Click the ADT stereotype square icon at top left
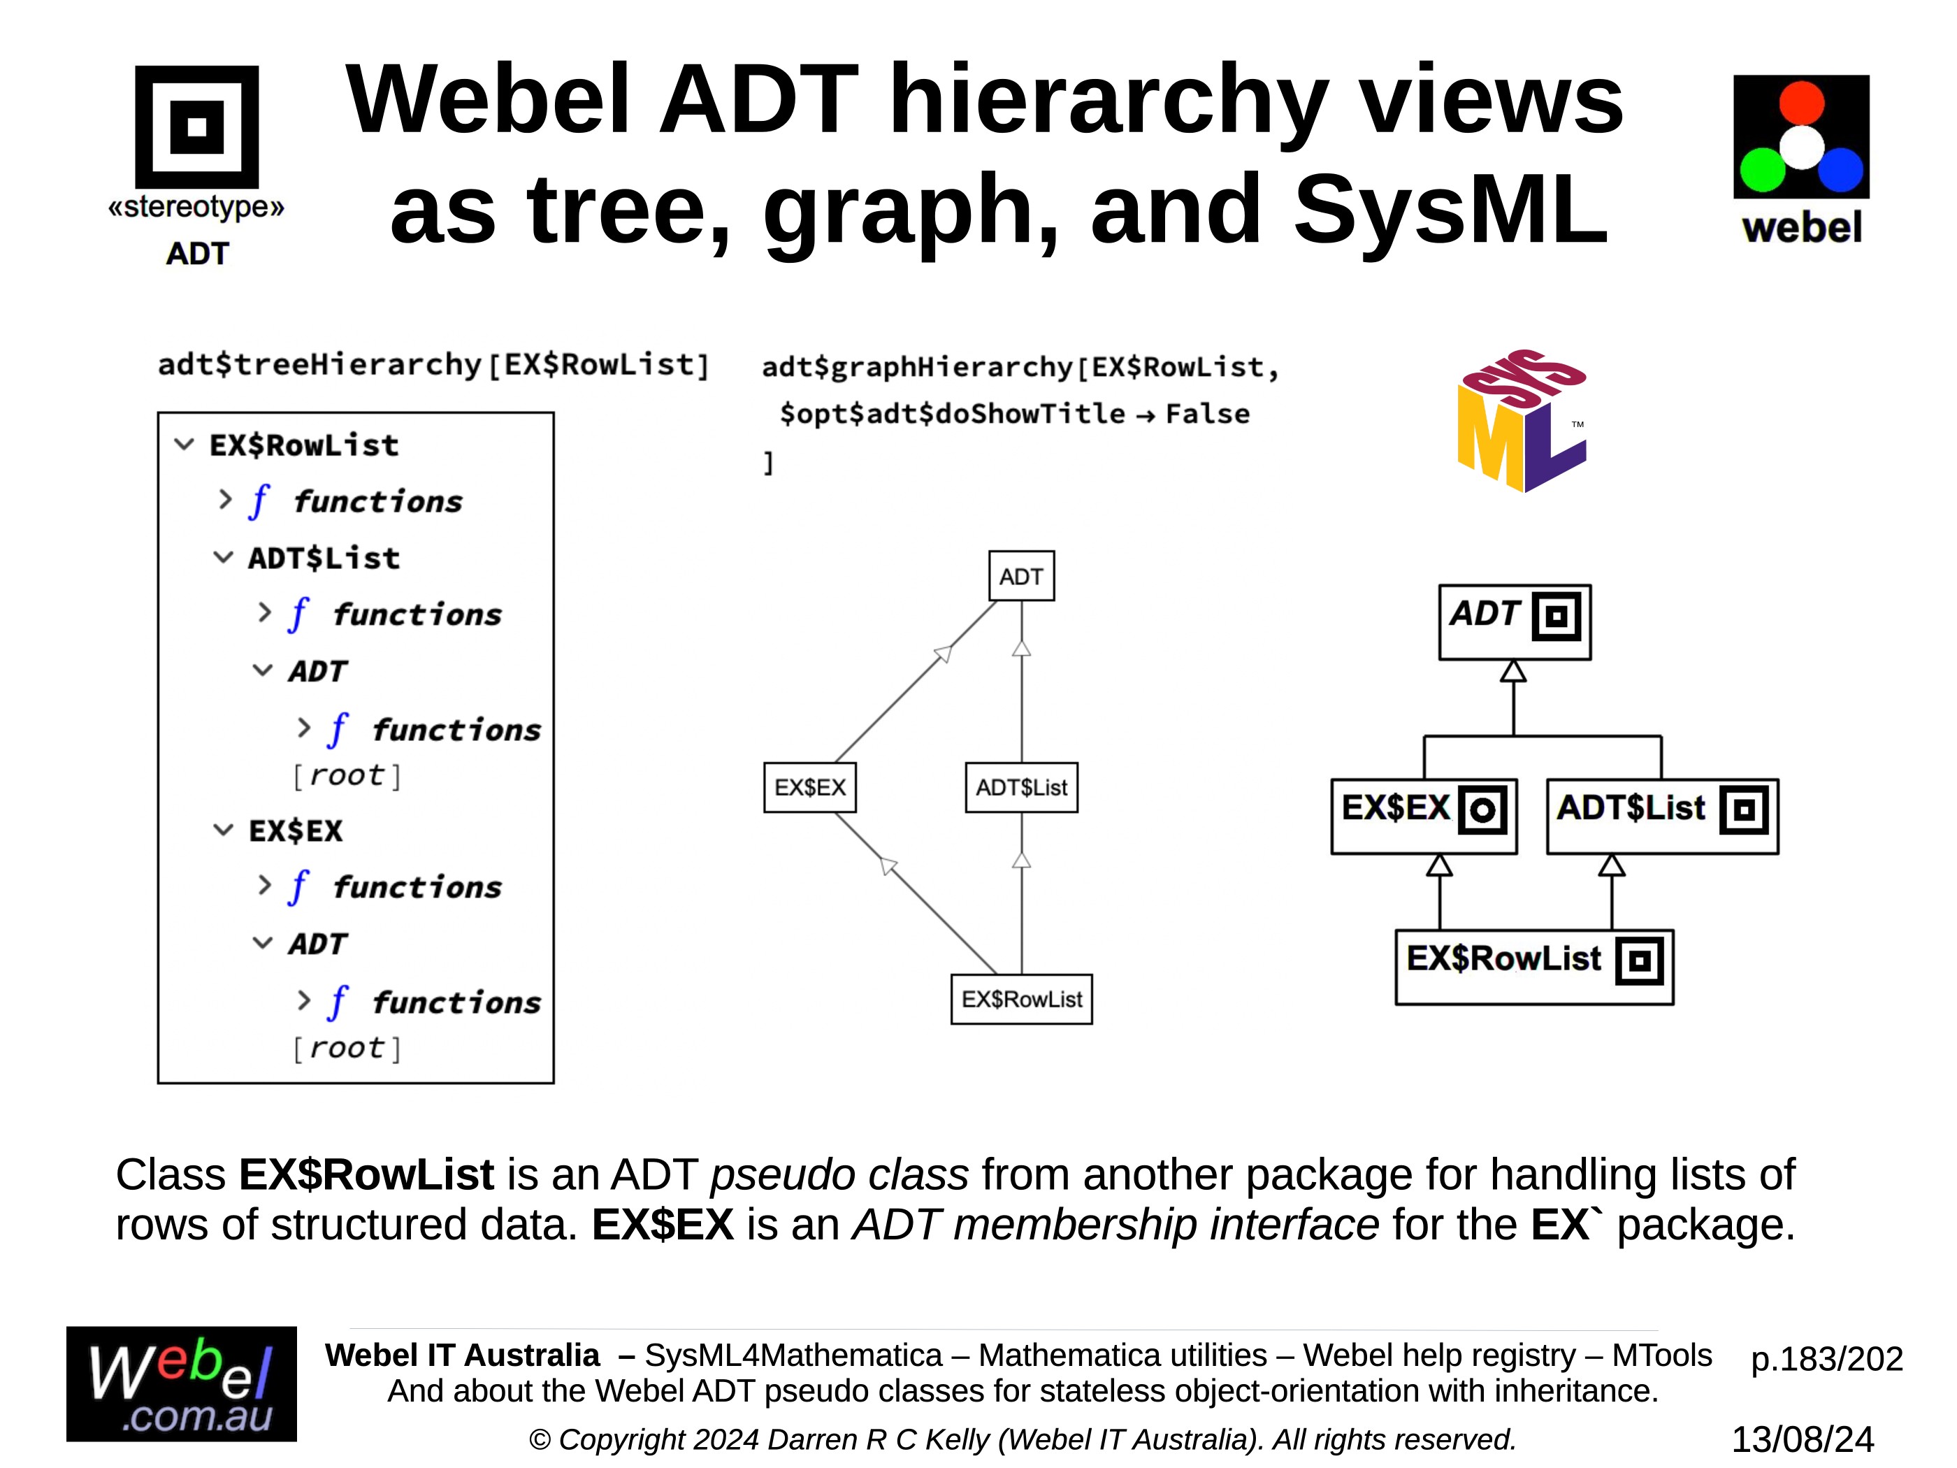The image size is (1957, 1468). point(196,127)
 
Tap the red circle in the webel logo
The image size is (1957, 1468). point(1800,103)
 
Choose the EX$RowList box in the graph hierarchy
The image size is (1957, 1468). point(1021,999)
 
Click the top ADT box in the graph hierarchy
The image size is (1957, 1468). point(1021,576)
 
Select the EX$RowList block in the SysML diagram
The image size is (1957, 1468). point(1533,966)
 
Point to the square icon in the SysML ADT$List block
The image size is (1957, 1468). point(1744,809)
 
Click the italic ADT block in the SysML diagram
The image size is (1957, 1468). point(1514,621)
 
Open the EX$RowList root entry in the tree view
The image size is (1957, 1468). point(303,445)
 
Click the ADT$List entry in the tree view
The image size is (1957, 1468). point(324,559)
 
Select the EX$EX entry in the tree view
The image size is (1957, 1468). point(296,831)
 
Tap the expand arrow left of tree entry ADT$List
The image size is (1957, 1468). point(223,557)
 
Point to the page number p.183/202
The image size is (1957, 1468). point(1826,1358)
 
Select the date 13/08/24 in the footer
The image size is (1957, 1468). point(1802,1439)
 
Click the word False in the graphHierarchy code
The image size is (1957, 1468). point(1207,413)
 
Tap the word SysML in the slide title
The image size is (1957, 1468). point(1450,210)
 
